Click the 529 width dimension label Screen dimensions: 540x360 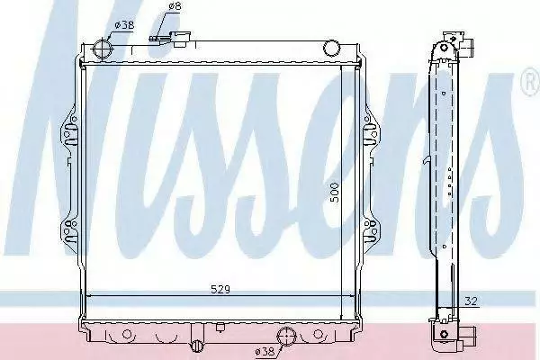tap(220, 290)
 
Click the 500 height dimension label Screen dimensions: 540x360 tap(334, 193)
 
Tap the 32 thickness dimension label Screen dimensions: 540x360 tap(471, 301)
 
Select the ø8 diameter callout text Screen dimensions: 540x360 tap(175, 6)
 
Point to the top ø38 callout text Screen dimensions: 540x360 tap(124, 25)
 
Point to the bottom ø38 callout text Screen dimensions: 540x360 tap(265, 351)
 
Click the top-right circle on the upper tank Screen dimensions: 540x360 tap(331, 48)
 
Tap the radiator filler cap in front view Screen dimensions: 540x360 tap(182, 38)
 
